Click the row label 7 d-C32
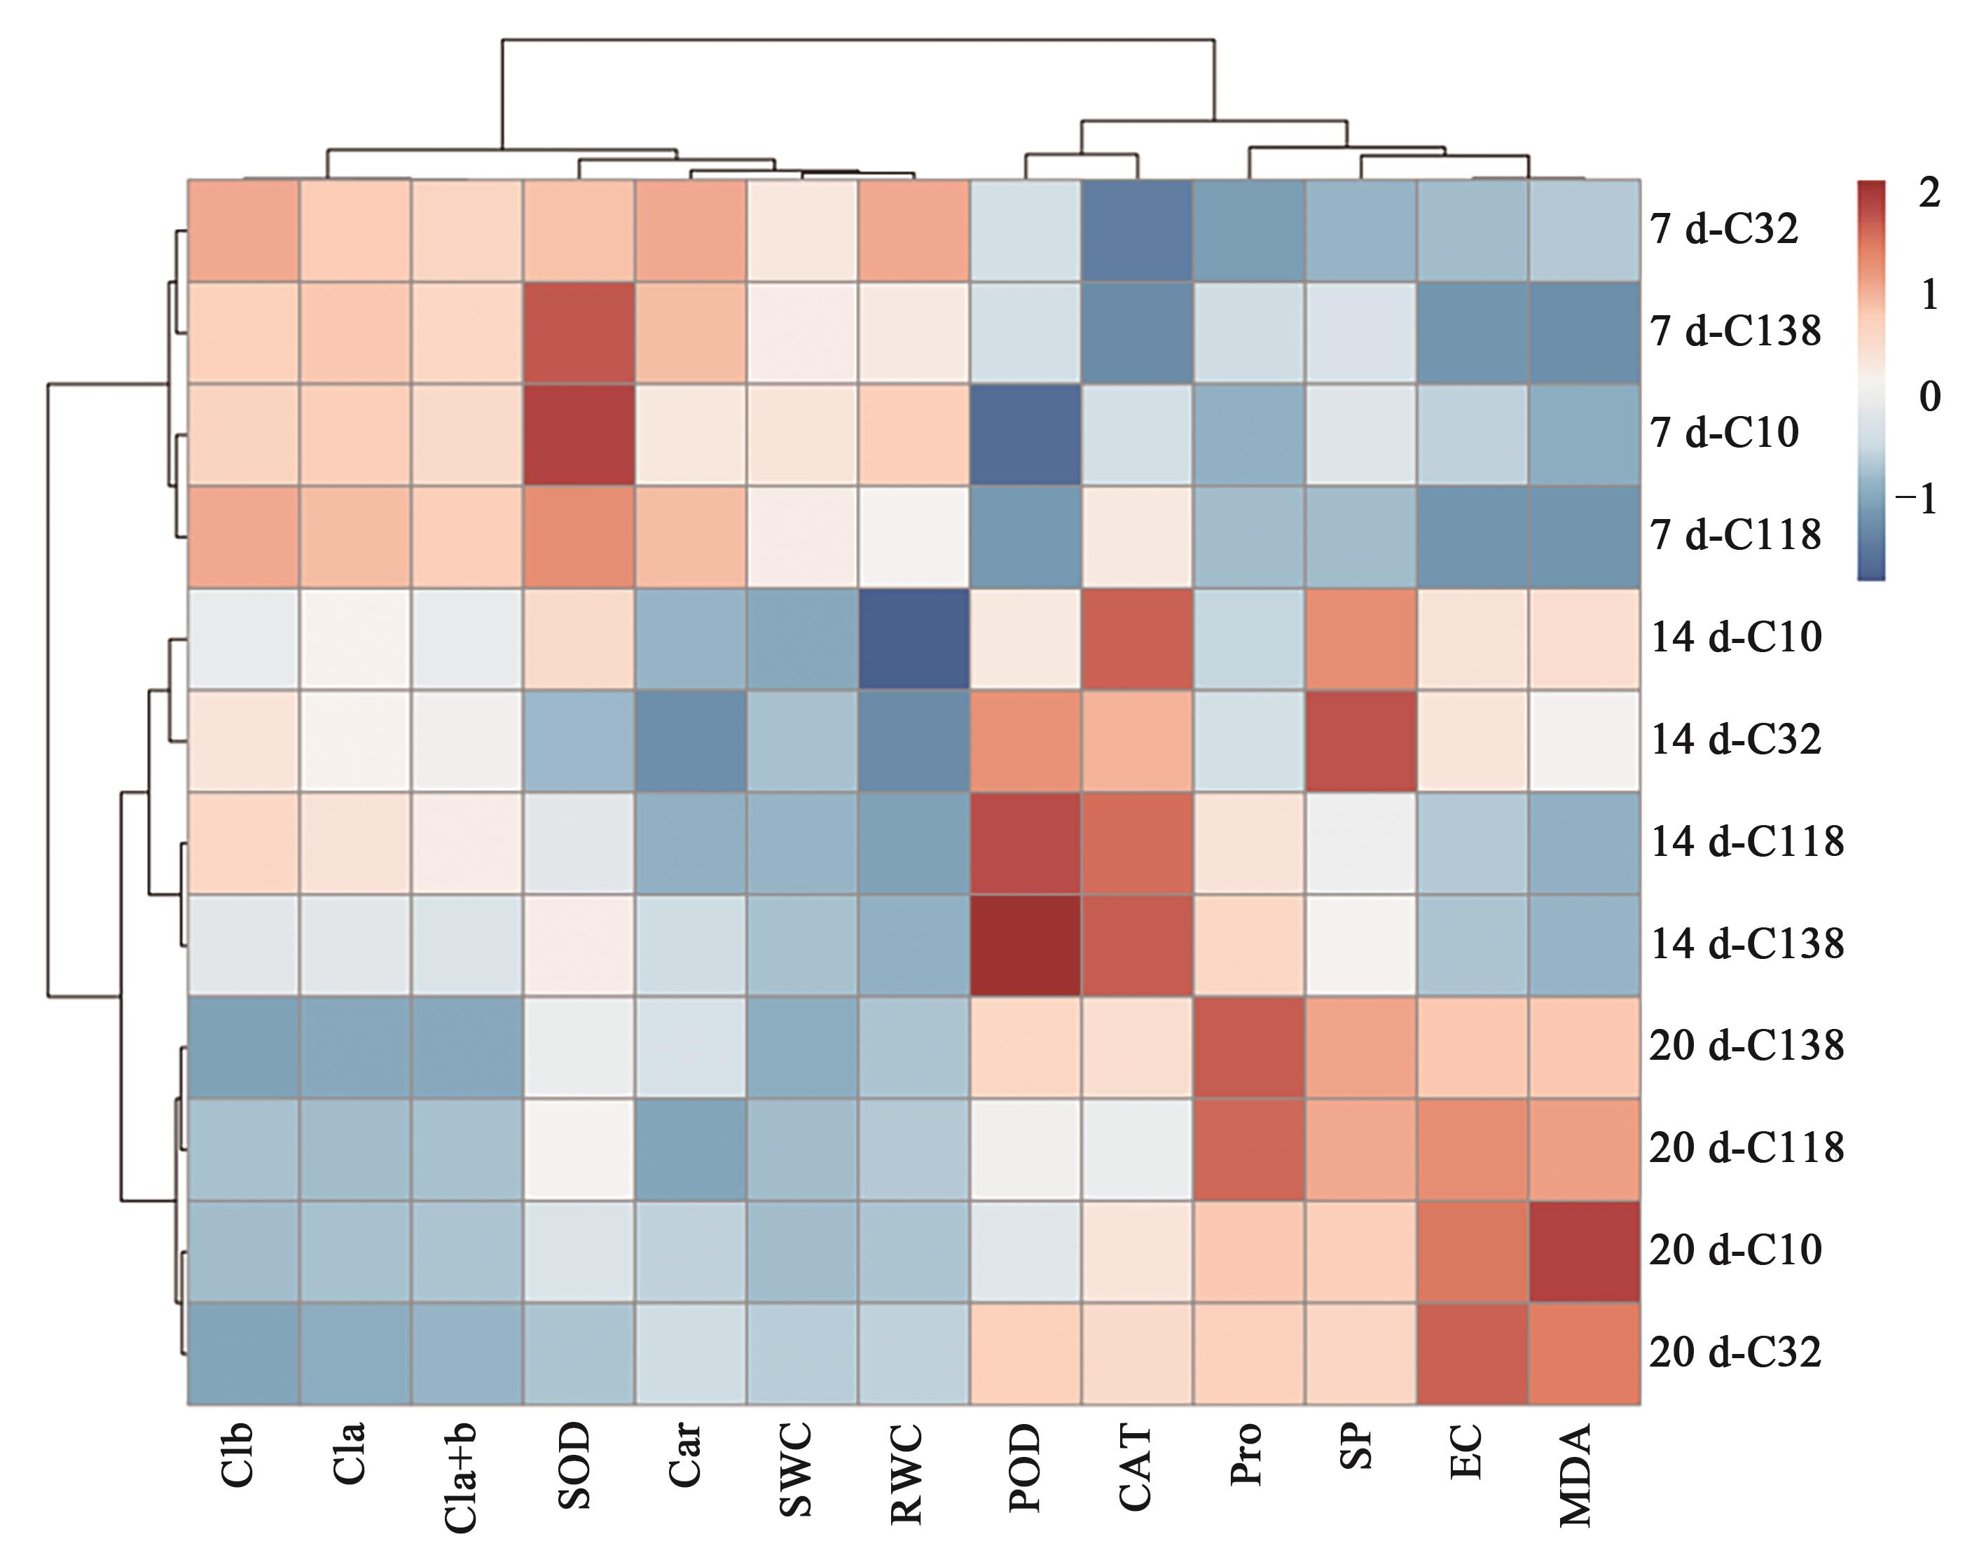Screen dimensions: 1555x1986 [x=1724, y=230]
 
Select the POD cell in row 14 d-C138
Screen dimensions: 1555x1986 [x=1026, y=944]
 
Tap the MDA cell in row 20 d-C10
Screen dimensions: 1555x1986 [x=1585, y=1251]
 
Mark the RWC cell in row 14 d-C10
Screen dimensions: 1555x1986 [x=913, y=638]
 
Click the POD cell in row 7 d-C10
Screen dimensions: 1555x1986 [x=1026, y=434]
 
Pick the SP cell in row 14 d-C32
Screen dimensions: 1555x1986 [x=1360, y=740]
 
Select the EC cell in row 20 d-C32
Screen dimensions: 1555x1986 [x=1473, y=1353]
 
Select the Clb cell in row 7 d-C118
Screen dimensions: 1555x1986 [x=243, y=537]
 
